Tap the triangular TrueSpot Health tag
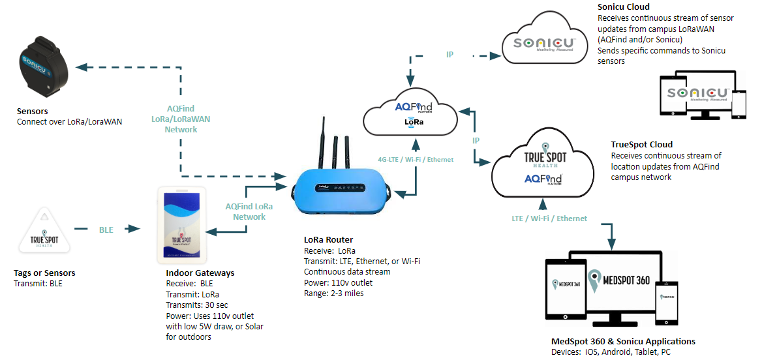[44, 233]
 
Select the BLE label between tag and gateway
[106, 230]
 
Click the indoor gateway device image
[183, 224]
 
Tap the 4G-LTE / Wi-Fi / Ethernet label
[416, 159]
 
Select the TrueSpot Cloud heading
[641, 145]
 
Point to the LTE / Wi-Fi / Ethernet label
[549, 218]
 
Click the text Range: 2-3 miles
[335, 293]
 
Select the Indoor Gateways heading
[200, 273]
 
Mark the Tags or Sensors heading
[44, 273]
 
